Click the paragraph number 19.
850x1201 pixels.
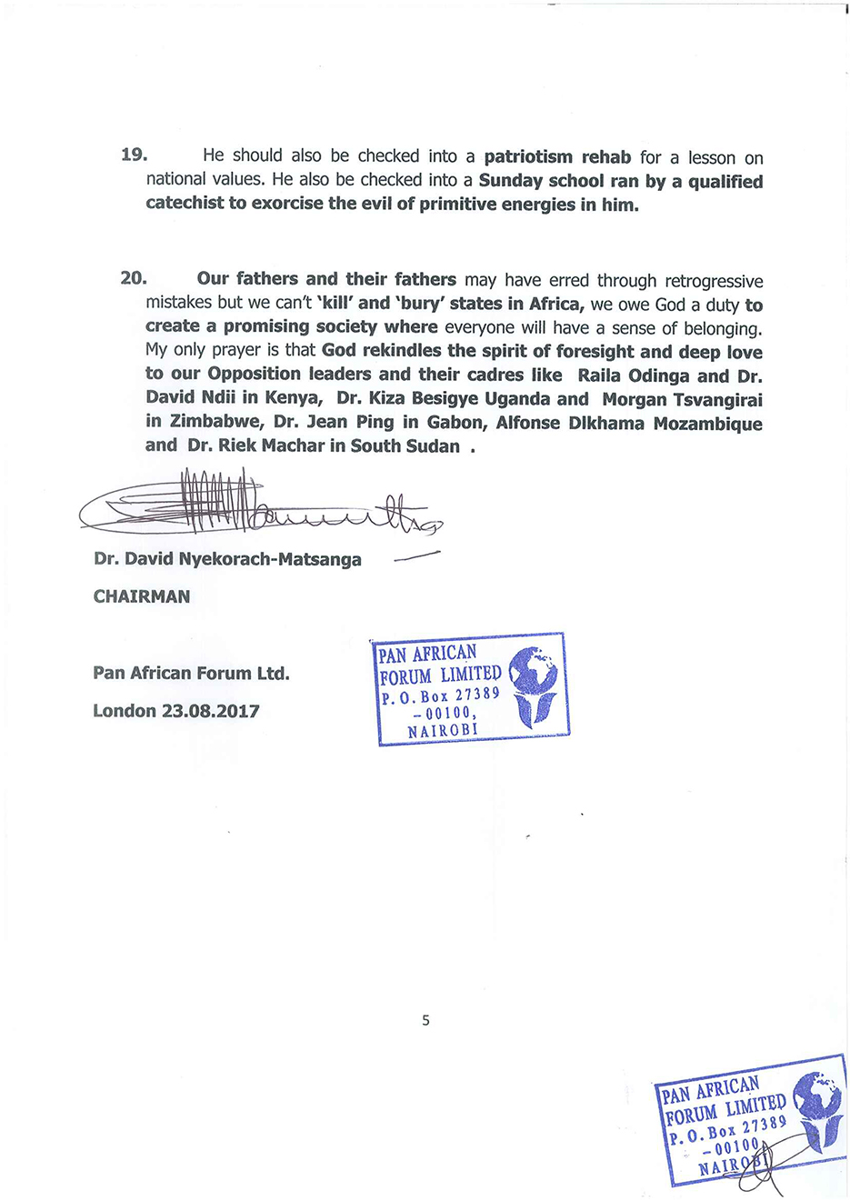[134, 155]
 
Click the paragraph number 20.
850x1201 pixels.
[134, 278]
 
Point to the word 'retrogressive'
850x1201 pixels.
[714, 281]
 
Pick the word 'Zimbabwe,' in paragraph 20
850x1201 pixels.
[216, 423]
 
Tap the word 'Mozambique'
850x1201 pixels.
[708, 423]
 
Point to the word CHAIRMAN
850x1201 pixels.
[142, 597]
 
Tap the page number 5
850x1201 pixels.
[425, 1020]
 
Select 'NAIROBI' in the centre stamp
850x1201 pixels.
[443, 731]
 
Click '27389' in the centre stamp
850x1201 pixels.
[477, 694]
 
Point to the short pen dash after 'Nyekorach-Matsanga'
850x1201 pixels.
[416, 556]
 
